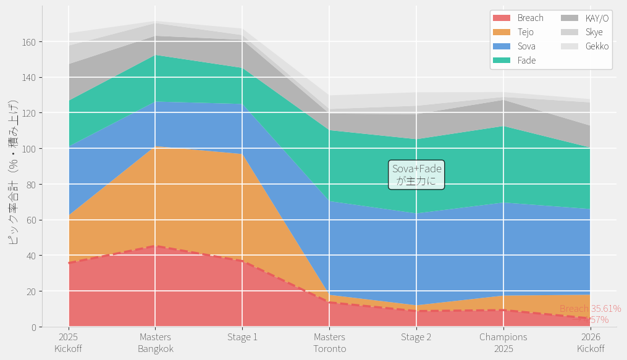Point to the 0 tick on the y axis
point(33,327)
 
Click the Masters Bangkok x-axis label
point(156,343)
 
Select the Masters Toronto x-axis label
point(329,343)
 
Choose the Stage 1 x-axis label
point(242,337)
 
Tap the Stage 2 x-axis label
point(416,337)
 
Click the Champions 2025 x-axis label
point(503,343)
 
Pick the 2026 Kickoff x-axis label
point(591,343)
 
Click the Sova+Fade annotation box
point(417,175)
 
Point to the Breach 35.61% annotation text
point(590,309)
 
